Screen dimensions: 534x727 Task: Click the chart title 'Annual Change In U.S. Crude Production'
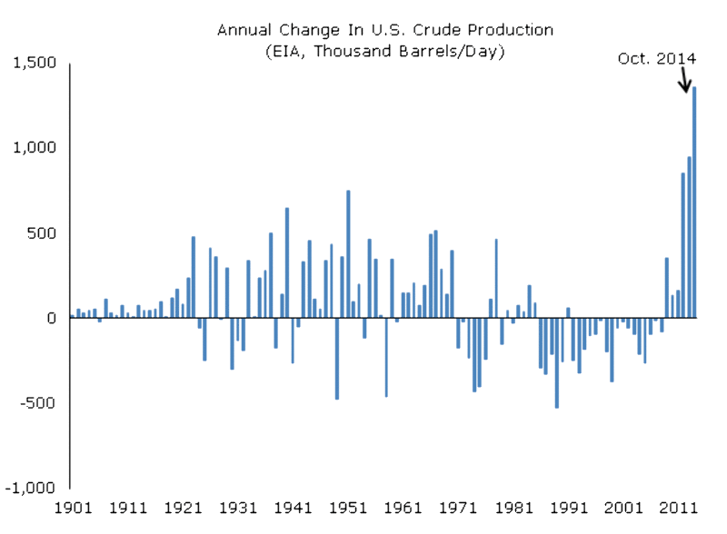(384, 30)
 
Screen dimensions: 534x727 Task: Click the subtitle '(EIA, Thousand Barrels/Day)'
(384, 51)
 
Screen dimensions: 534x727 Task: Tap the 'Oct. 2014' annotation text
(656, 58)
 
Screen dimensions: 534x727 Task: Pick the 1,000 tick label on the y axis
(34, 147)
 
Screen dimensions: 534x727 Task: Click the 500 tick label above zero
(42, 232)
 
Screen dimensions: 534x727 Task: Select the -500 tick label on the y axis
(37, 402)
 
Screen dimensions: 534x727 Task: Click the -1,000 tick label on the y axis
(30, 487)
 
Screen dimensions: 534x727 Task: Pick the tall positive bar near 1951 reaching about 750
(347, 254)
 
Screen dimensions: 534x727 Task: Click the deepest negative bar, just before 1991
(556, 363)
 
